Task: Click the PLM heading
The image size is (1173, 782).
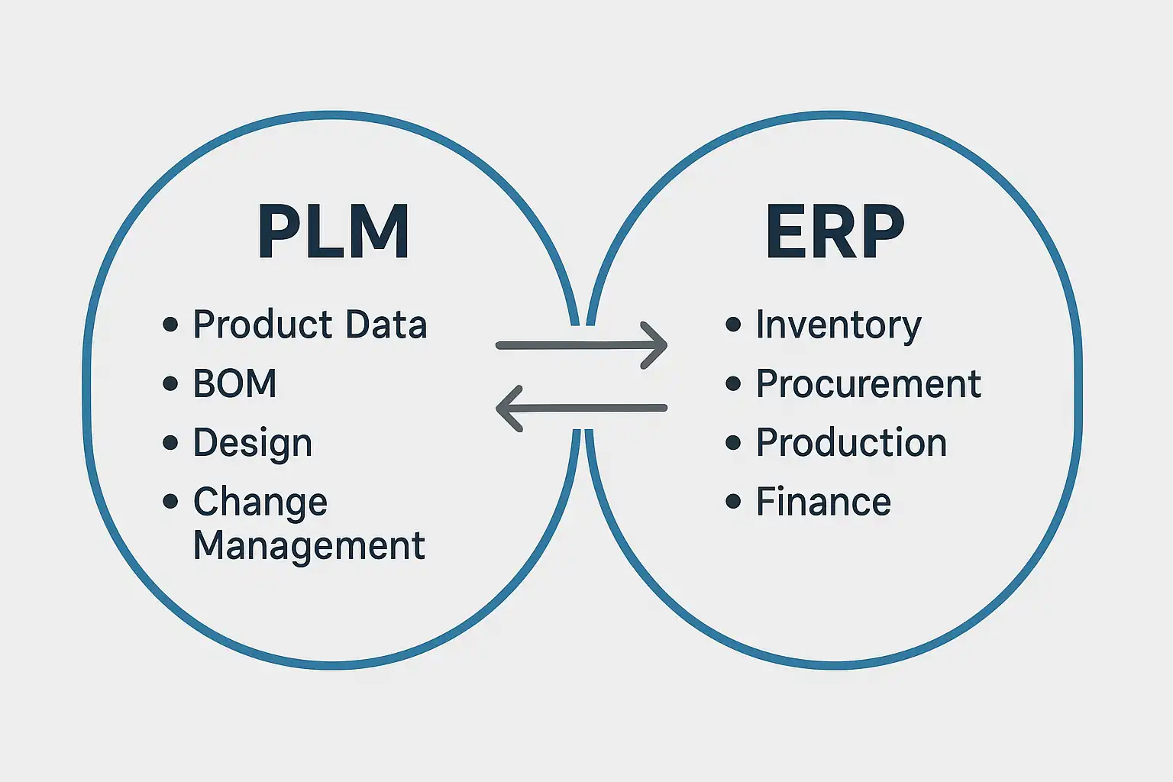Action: tap(333, 232)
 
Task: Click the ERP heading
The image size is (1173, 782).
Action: tap(835, 232)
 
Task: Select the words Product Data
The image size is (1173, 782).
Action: tap(309, 325)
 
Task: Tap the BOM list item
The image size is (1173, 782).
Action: tap(234, 383)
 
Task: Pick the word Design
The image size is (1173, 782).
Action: tap(253, 444)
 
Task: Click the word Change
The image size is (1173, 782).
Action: tap(260, 502)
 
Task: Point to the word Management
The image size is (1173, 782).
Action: tap(309, 546)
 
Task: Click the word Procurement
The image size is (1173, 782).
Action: tap(868, 383)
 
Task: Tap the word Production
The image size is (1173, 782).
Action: tap(851, 443)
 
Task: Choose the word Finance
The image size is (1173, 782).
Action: tap(823, 502)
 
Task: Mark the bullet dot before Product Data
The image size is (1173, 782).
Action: tap(170, 325)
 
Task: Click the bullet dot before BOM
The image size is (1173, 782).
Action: tap(170, 383)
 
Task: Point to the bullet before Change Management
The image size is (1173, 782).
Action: tap(170, 502)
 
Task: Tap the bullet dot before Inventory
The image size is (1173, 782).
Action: tap(733, 325)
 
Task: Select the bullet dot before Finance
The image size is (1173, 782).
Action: tap(733, 502)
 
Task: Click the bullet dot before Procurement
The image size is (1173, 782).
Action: tap(733, 383)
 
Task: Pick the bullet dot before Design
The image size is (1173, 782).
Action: tap(170, 443)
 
